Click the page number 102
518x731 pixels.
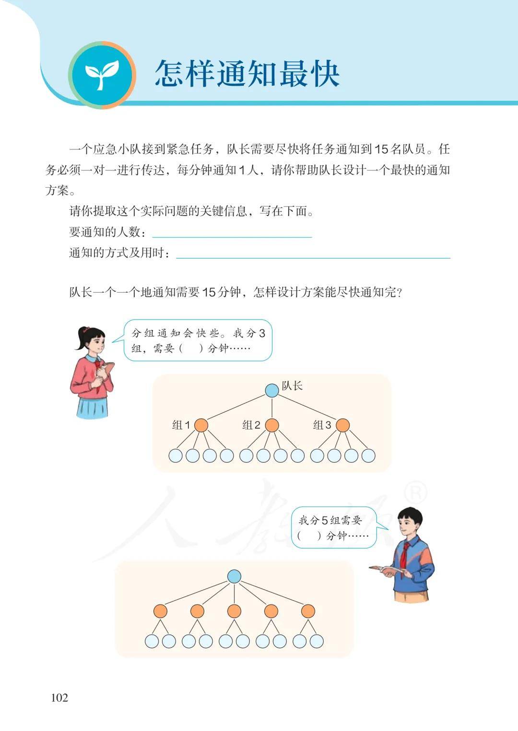pyautogui.click(x=59, y=698)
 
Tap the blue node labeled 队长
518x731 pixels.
pyautogui.click(x=271, y=390)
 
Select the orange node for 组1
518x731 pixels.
pyautogui.click(x=201, y=425)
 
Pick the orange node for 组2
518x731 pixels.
pyautogui.click(x=272, y=425)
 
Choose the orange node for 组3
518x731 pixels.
pyautogui.click(x=343, y=425)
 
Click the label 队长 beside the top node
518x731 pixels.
pyautogui.click(x=292, y=386)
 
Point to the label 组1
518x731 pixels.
pyautogui.click(x=181, y=425)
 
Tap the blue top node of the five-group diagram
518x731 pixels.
pyautogui.click(x=234, y=577)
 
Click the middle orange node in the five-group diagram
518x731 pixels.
pyautogui.click(x=234, y=611)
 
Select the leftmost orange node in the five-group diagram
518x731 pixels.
pyautogui.click(x=160, y=611)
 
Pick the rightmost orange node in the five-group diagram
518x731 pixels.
pyautogui.click(x=308, y=611)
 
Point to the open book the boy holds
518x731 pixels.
pyautogui.click(x=387, y=569)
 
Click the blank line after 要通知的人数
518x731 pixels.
pyautogui.click(x=232, y=237)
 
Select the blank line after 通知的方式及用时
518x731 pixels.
pyautogui.click(x=313, y=258)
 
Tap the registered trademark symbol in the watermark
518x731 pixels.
pyautogui.click(x=415, y=494)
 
